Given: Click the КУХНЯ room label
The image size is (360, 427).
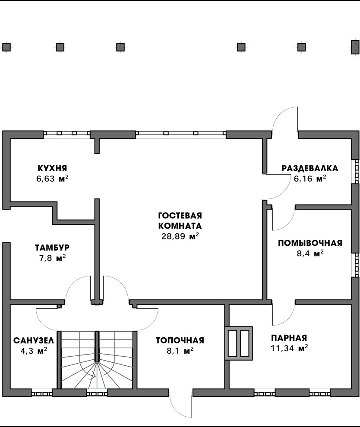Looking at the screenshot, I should pos(52,168).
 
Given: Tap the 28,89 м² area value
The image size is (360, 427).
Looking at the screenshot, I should pos(180,236).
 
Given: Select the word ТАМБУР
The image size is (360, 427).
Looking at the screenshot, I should pos(52,248).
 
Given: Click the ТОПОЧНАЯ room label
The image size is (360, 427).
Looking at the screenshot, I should pos(180,341).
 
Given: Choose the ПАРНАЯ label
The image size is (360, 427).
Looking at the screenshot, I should pos(289,338).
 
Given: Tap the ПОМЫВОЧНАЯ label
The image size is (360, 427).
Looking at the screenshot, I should pos(310,243).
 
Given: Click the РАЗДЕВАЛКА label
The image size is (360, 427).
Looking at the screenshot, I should pos(310,168).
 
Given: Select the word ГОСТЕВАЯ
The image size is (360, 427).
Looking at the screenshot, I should pos(180,215).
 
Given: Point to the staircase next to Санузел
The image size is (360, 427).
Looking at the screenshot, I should pos(98,360).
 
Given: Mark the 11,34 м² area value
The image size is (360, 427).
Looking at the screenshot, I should pos(289,348).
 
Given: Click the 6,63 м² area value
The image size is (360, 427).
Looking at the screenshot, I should pos(52,179).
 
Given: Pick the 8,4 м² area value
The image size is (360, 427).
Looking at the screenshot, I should pos(310,254).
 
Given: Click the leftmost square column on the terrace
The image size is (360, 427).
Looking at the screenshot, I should pos(6,47).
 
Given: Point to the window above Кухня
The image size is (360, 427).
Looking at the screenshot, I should pos(66,134).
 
